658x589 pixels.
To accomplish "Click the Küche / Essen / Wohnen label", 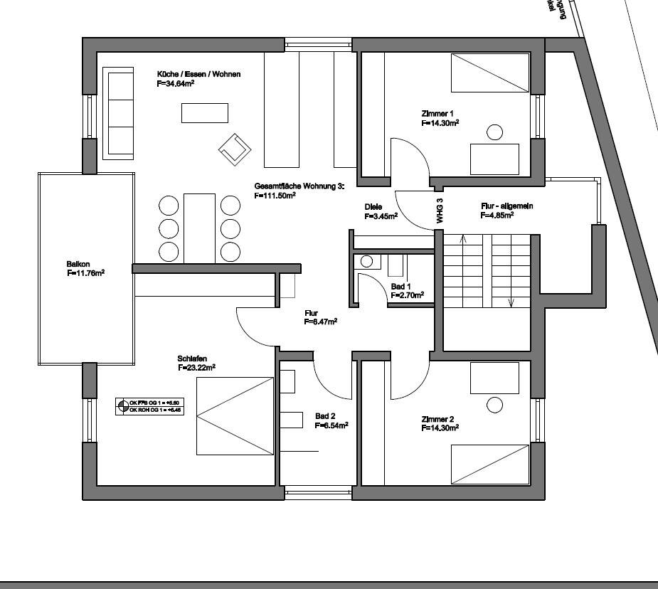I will tap(198, 74).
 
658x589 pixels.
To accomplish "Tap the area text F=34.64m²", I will tap(176, 83).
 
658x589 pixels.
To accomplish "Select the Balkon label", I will tap(78, 263).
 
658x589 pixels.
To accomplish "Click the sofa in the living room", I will tap(119, 113).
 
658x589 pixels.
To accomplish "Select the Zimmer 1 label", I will tap(437, 113).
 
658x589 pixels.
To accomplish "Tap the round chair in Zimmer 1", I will tap(494, 132).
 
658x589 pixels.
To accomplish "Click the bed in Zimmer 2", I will tap(490, 465).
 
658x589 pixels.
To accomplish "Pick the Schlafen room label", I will tap(193, 359).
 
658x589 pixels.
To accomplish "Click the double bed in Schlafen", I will tap(235, 416).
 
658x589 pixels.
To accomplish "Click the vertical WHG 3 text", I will tap(440, 211).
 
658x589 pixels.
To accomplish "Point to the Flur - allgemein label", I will tap(506, 206).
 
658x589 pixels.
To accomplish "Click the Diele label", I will tap(373, 207).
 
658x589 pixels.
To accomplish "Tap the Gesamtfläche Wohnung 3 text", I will tap(299, 186).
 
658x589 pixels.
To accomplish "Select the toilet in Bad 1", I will tap(366, 261).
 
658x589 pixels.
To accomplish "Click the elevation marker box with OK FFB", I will tap(149, 406).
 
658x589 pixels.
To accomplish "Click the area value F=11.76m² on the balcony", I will tap(86, 272).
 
